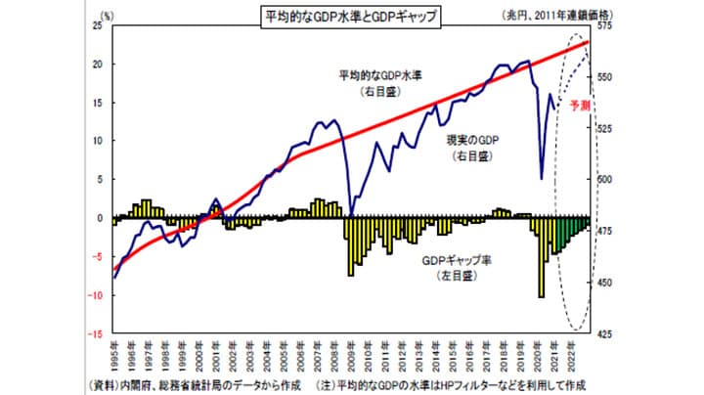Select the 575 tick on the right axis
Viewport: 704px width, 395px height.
(605, 26)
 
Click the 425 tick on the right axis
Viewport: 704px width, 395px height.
(605, 333)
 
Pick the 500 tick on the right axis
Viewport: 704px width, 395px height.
(605, 180)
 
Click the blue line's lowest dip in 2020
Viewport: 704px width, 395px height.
(542, 179)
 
